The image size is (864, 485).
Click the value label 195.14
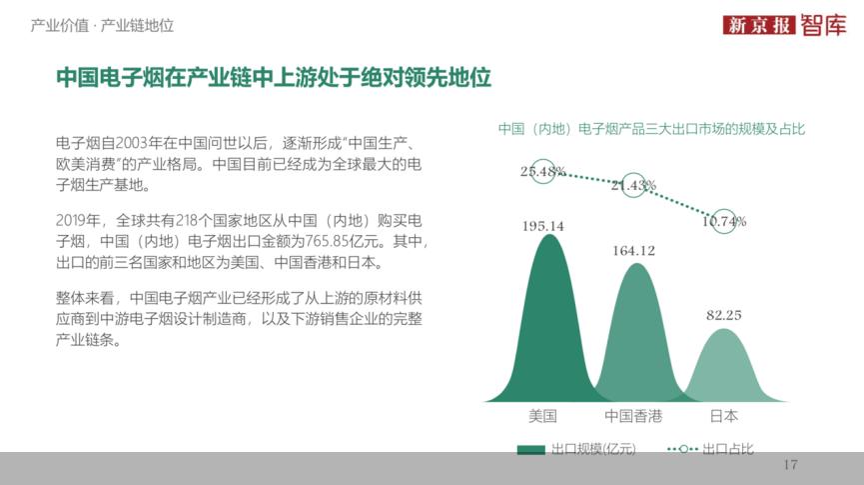coord(542,226)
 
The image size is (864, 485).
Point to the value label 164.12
coord(633,250)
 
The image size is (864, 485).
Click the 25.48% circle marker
coord(543,171)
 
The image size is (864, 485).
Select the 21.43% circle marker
coord(633,185)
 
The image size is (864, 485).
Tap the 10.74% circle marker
coord(724,221)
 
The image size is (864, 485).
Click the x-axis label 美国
coord(542,416)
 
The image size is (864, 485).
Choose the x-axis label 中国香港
coord(633,416)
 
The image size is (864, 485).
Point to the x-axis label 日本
coord(723,416)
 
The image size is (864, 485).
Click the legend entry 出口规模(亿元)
coord(575,449)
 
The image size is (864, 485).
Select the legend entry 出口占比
coord(711,449)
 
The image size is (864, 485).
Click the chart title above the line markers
coord(651,129)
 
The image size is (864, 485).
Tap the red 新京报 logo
coord(759,25)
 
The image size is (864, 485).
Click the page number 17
coord(791,465)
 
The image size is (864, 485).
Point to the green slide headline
coord(273,78)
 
